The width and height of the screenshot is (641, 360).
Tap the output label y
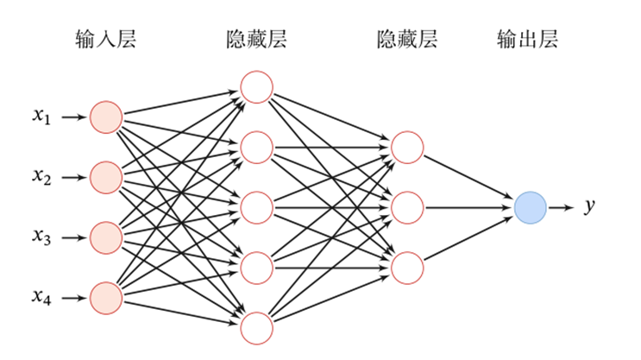[x=590, y=207]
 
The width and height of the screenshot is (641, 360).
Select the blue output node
[x=530, y=207]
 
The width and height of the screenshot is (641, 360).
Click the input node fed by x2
[x=106, y=177]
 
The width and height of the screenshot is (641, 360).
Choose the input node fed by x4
[x=106, y=298]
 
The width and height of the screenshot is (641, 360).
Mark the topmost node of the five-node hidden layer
[x=256, y=86]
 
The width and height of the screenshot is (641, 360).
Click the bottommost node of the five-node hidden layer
[x=256, y=328]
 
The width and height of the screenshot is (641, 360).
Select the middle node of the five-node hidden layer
[x=256, y=207]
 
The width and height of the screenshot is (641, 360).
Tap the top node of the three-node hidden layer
[x=407, y=147]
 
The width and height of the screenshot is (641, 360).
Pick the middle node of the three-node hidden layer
[x=407, y=207]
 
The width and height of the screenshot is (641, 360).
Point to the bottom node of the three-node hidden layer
[x=407, y=268]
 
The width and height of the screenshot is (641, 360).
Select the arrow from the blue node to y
[x=560, y=207]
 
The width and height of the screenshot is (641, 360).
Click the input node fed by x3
[x=106, y=237]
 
